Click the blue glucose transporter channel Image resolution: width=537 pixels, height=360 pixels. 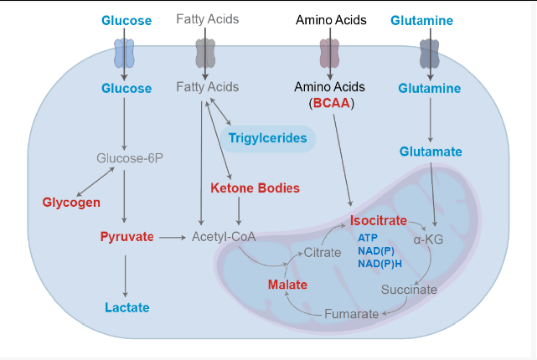124,54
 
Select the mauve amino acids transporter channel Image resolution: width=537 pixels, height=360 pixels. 330,54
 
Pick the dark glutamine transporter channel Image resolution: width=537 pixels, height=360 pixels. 430,54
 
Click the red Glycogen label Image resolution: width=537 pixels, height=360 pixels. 71,202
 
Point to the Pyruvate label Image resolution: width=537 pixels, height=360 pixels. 127,237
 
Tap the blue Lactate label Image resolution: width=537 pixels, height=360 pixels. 127,307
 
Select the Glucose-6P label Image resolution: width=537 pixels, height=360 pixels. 123,157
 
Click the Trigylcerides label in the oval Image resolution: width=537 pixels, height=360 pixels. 268,137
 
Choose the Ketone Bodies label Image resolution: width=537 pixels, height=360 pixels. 255,188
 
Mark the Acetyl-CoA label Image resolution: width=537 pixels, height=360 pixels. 224,237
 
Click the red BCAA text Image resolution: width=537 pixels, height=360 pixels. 331,104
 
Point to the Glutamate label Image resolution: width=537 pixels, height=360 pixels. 430,152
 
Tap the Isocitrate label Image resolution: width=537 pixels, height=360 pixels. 379,221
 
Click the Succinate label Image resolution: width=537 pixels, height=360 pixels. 409,290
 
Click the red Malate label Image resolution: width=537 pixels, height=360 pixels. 287,285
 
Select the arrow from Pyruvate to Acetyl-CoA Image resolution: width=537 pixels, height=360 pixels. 172,238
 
